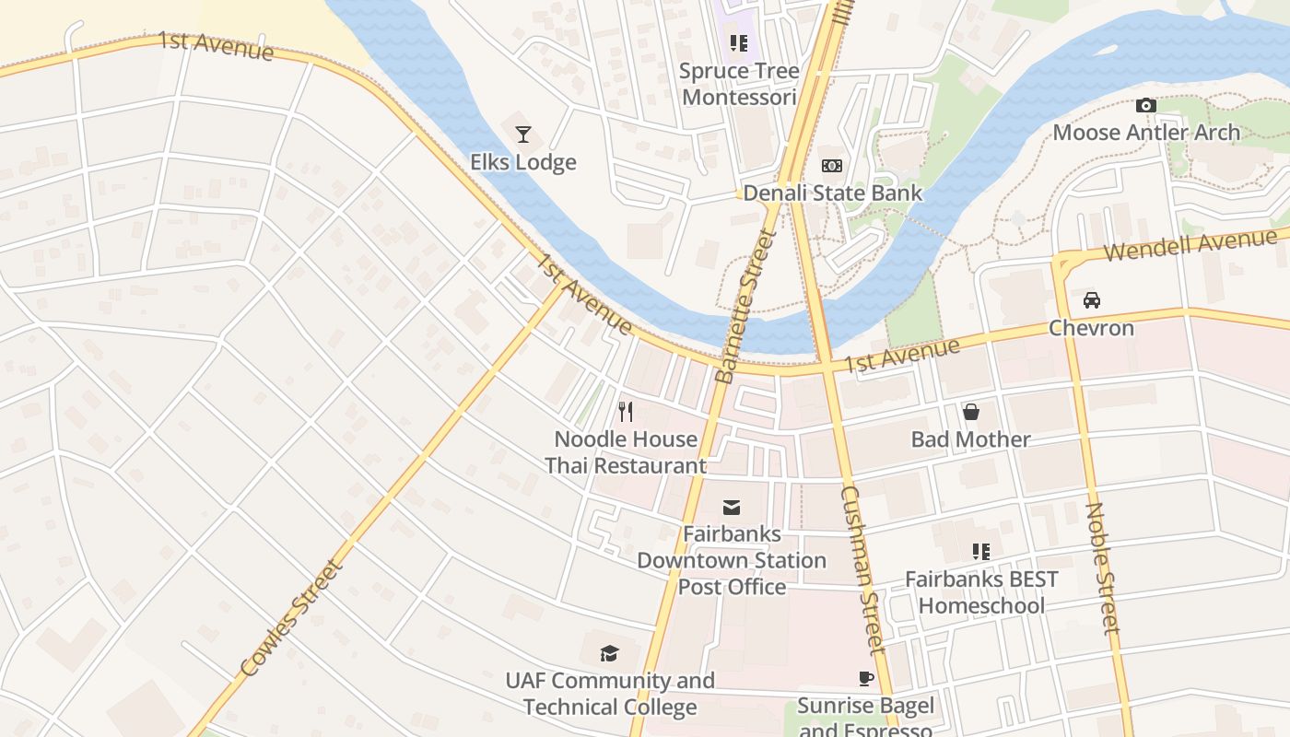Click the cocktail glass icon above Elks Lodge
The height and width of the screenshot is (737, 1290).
(523, 135)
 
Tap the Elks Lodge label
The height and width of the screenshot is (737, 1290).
(523, 162)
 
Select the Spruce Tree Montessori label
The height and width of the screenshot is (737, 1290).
(739, 84)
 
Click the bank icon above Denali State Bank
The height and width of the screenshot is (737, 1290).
(832, 166)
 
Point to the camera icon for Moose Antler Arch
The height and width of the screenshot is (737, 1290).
(1146, 106)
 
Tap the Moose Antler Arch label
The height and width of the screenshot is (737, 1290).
(1146, 133)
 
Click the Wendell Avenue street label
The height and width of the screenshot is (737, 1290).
(1190, 245)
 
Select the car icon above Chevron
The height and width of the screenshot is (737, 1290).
(1092, 300)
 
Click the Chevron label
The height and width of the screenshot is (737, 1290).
(1092, 328)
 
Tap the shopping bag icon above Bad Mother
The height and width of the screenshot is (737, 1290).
(970, 412)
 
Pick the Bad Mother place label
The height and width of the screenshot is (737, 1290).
(970, 439)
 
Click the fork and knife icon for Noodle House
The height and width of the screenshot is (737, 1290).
(626, 411)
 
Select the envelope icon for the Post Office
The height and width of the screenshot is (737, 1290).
(732, 507)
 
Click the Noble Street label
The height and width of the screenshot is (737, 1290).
(1102, 567)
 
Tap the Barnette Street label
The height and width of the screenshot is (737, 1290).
(746, 307)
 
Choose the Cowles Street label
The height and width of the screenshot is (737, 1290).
(291, 618)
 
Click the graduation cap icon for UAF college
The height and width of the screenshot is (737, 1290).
(609, 654)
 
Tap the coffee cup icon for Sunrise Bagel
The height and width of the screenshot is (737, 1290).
(866, 679)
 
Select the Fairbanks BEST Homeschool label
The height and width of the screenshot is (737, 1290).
(981, 592)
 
